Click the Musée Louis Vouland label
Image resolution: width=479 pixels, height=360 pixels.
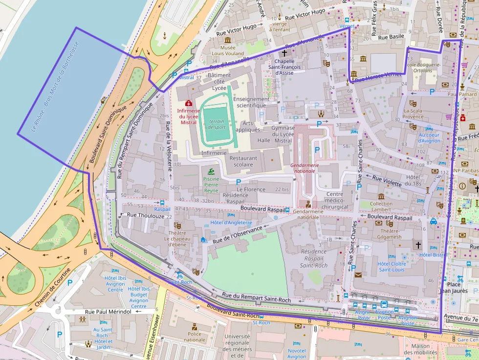(x=224, y=50)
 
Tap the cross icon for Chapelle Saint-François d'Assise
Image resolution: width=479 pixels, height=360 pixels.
(x=284, y=52)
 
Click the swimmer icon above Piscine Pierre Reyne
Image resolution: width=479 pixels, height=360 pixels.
(x=211, y=171)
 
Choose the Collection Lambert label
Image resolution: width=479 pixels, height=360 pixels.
(x=381, y=207)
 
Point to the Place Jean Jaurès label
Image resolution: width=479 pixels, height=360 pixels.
(x=454, y=288)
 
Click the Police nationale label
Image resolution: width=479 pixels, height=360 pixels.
(x=195, y=337)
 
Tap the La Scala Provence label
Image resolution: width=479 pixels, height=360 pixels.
(x=413, y=114)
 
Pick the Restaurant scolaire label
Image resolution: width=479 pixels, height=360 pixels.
(x=243, y=161)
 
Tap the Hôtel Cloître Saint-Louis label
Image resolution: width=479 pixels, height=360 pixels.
(x=392, y=267)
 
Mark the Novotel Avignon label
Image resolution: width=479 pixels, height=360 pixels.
(x=297, y=354)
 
